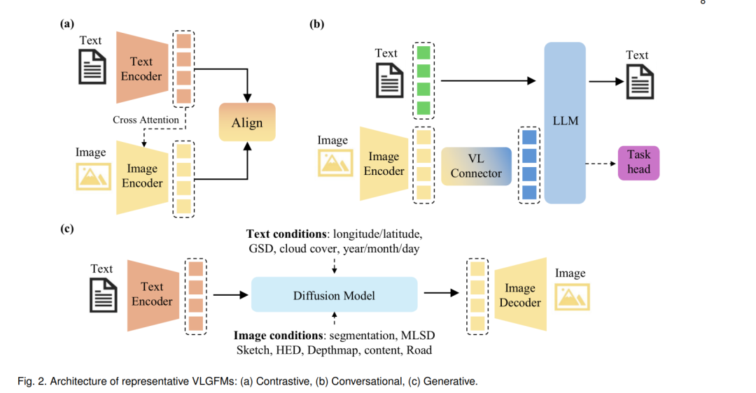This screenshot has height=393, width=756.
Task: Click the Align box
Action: pos(247,122)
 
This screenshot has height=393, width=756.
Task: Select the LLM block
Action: pos(565,123)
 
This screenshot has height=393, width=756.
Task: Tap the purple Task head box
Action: pos(638,163)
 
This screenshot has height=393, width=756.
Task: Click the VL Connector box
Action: pos(477,166)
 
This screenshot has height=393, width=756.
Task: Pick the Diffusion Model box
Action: pos(334,295)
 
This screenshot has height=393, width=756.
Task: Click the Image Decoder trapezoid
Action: pos(521,294)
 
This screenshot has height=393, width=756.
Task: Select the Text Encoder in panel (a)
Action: pos(142,68)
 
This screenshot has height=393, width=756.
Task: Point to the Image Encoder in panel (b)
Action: pos(384,164)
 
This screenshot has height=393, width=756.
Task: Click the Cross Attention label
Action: pos(146,120)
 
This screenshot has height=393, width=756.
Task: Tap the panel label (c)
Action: pos(67,228)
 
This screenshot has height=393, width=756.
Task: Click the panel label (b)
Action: pos(316,24)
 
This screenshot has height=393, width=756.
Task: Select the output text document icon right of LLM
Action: pos(640,82)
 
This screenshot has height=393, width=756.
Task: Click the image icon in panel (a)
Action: pos(93,176)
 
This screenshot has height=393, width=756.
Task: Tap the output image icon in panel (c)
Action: pos(572,296)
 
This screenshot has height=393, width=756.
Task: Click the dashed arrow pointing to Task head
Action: pos(601,164)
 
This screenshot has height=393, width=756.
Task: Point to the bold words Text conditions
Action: pos(286,234)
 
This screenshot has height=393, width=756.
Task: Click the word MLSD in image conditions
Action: pos(417,335)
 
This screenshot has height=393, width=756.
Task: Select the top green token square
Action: pos(423,53)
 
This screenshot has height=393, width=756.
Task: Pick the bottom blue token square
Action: pos(529,192)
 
